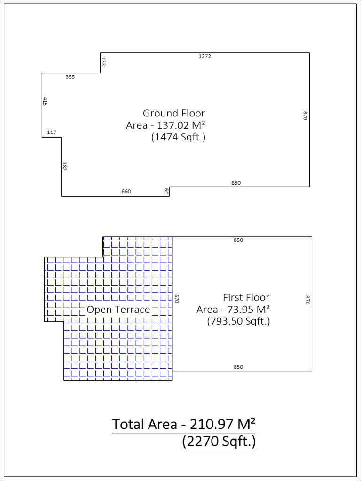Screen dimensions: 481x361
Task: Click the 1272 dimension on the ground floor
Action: (205, 56)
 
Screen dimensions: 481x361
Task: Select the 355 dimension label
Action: (70, 77)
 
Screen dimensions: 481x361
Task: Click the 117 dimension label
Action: (52, 132)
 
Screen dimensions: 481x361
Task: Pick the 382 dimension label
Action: (64, 166)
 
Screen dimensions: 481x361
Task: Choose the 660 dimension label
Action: (126, 191)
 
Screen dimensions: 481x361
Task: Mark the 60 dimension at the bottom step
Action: (166, 191)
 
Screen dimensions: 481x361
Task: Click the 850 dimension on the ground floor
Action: (236, 183)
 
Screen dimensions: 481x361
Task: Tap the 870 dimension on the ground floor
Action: (305, 116)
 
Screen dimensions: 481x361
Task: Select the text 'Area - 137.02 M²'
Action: (166, 125)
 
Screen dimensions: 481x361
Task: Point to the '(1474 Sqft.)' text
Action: (178, 138)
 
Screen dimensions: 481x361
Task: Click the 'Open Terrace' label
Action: (118, 310)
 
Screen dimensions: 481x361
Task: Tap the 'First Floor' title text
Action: (246, 297)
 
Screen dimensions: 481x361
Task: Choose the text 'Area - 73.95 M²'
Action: (233, 310)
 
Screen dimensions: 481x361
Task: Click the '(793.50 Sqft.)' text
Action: (238, 322)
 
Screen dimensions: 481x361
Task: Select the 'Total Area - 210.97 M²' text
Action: (184, 424)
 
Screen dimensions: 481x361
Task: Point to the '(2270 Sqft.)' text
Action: (219, 442)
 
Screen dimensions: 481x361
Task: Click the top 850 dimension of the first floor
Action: (238, 240)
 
